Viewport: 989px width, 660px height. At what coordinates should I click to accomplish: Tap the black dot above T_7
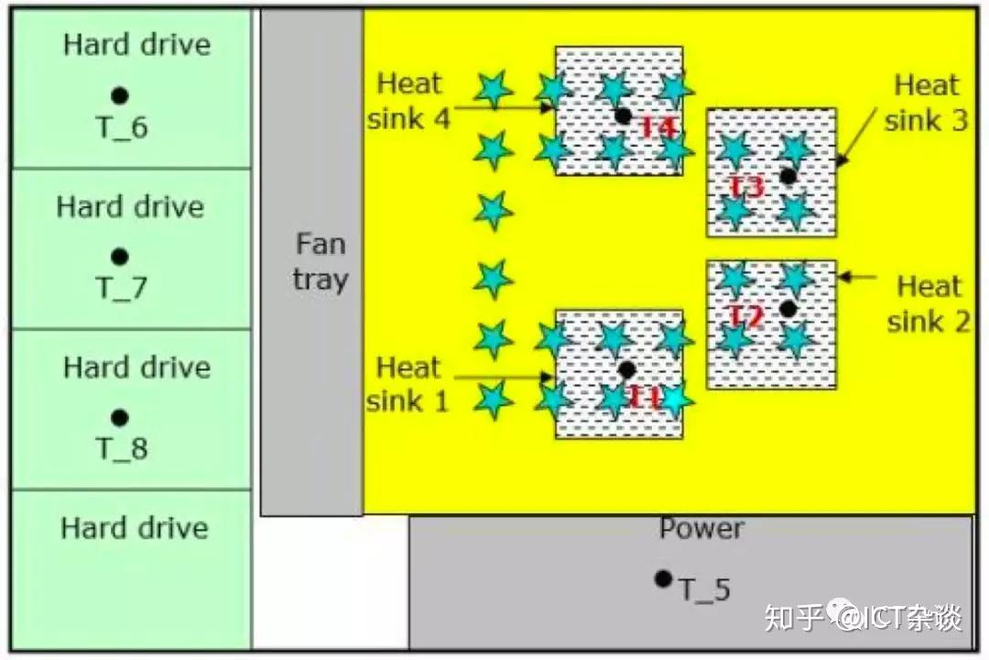119,256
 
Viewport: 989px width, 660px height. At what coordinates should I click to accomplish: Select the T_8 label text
122,449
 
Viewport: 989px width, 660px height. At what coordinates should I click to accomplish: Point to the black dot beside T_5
663,578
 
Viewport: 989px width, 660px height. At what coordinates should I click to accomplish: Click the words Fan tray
320,261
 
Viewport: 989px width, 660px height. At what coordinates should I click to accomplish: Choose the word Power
701,529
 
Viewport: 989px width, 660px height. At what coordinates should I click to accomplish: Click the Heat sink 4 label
409,100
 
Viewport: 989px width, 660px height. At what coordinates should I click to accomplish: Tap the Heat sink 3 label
926,103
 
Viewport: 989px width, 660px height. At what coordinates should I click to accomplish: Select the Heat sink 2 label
929,303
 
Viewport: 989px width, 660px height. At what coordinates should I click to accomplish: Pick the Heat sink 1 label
408,384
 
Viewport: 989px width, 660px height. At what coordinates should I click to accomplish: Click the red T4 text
658,127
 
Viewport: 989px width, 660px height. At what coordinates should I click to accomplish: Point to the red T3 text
746,187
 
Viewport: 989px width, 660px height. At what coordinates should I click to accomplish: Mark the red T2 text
746,316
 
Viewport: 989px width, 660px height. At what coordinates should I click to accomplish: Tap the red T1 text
645,398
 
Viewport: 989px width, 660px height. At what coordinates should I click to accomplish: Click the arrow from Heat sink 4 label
504,107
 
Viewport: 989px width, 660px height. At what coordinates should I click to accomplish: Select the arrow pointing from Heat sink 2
857,276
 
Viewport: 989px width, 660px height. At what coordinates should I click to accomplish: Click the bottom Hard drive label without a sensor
135,528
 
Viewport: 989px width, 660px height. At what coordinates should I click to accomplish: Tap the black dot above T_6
119,94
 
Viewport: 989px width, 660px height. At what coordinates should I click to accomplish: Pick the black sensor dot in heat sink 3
788,175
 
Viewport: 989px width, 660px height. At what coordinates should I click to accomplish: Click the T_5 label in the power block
705,589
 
